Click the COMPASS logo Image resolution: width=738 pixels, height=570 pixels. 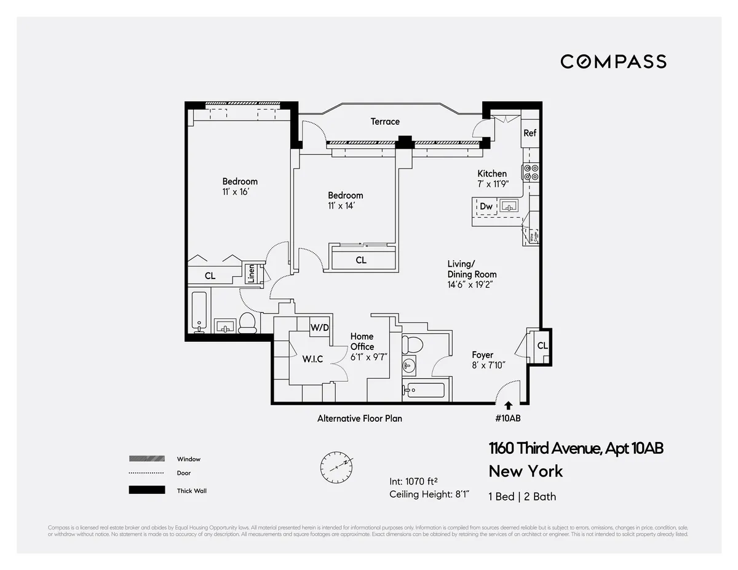tap(613, 61)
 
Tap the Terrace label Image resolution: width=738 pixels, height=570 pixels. tap(385, 122)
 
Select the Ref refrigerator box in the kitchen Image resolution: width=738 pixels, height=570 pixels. tap(530, 133)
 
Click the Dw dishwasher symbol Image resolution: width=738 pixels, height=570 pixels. tap(486, 207)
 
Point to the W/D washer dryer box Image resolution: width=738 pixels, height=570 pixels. tap(319, 328)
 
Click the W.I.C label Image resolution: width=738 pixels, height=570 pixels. tap(312, 359)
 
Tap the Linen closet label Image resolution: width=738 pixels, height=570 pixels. tap(251, 274)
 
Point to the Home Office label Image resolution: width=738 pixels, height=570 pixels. tap(362, 341)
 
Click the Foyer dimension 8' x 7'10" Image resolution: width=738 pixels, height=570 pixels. tap(488, 365)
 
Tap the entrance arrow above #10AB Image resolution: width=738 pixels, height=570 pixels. tap(508, 405)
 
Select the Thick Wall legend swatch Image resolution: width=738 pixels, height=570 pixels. tap(146, 490)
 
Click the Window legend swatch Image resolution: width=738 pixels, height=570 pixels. tap(146, 459)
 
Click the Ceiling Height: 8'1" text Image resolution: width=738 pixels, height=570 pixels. tap(429, 494)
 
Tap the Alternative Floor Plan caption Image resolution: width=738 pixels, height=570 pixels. tap(360, 418)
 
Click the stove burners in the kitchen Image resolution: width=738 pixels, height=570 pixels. tap(531, 172)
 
